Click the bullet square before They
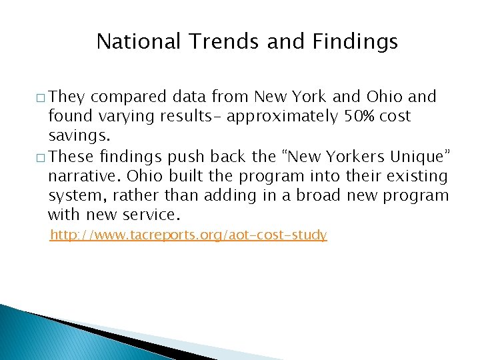[41, 99]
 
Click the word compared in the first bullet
[127, 97]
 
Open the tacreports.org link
[189, 235]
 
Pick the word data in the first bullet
[188, 97]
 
